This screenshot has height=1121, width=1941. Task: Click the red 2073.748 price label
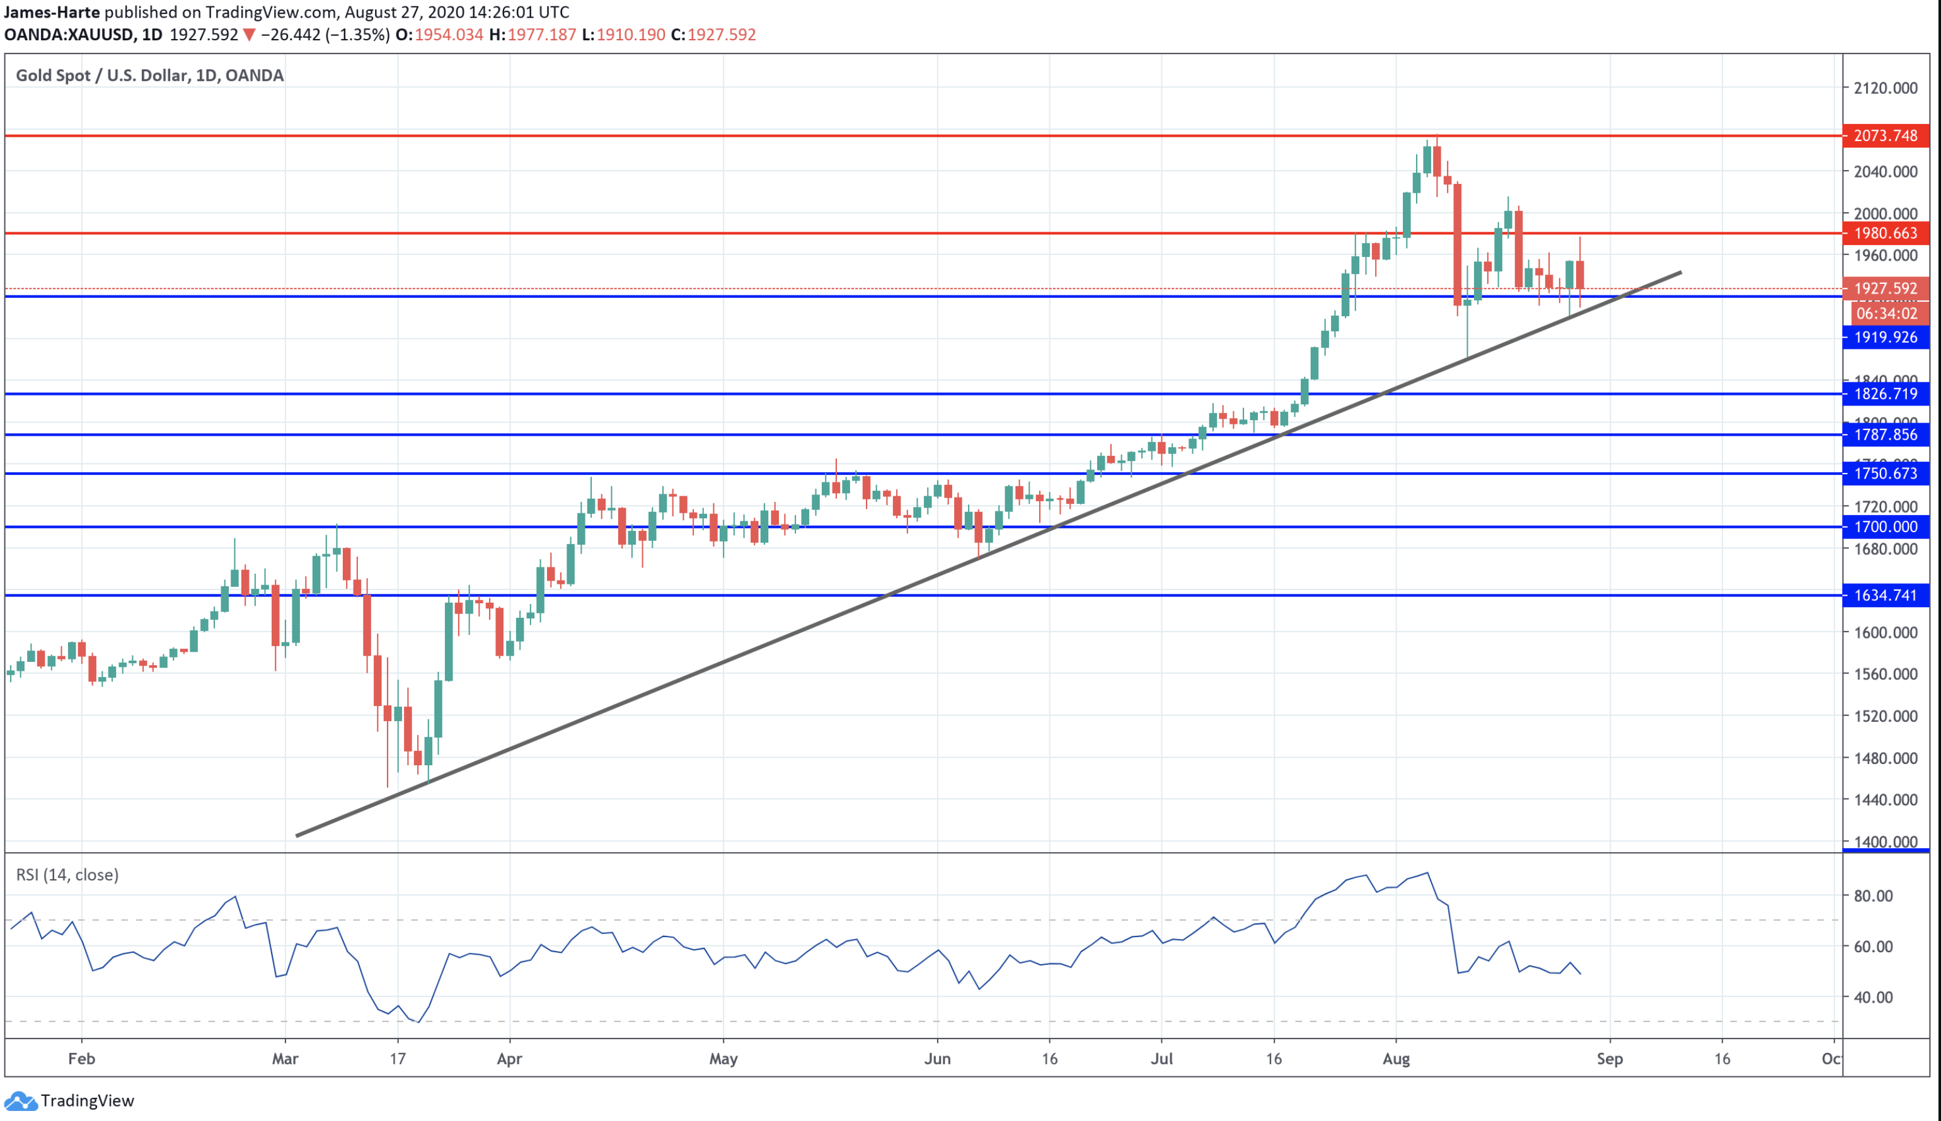(x=1885, y=135)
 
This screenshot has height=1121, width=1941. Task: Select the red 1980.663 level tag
(x=1885, y=233)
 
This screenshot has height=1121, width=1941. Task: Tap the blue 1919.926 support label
(x=1885, y=337)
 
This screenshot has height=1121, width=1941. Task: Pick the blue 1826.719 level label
(x=1885, y=394)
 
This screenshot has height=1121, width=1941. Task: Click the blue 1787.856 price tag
(x=1885, y=435)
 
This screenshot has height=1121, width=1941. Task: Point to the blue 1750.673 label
(x=1885, y=474)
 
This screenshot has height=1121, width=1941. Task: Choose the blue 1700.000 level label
(x=1885, y=526)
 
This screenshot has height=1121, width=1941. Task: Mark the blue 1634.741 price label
(x=1885, y=595)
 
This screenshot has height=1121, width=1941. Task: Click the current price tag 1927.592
(x=1885, y=288)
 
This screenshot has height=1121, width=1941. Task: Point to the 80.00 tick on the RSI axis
(x=1873, y=896)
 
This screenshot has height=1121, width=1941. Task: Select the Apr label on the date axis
(x=509, y=1059)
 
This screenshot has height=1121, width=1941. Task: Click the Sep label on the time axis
(x=1609, y=1059)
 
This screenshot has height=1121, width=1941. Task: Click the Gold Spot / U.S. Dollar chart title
(x=149, y=76)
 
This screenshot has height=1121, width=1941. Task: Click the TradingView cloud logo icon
(x=20, y=1101)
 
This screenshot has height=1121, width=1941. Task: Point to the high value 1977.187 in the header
(x=541, y=35)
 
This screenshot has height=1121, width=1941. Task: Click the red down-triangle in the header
(x=249, y=35)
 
